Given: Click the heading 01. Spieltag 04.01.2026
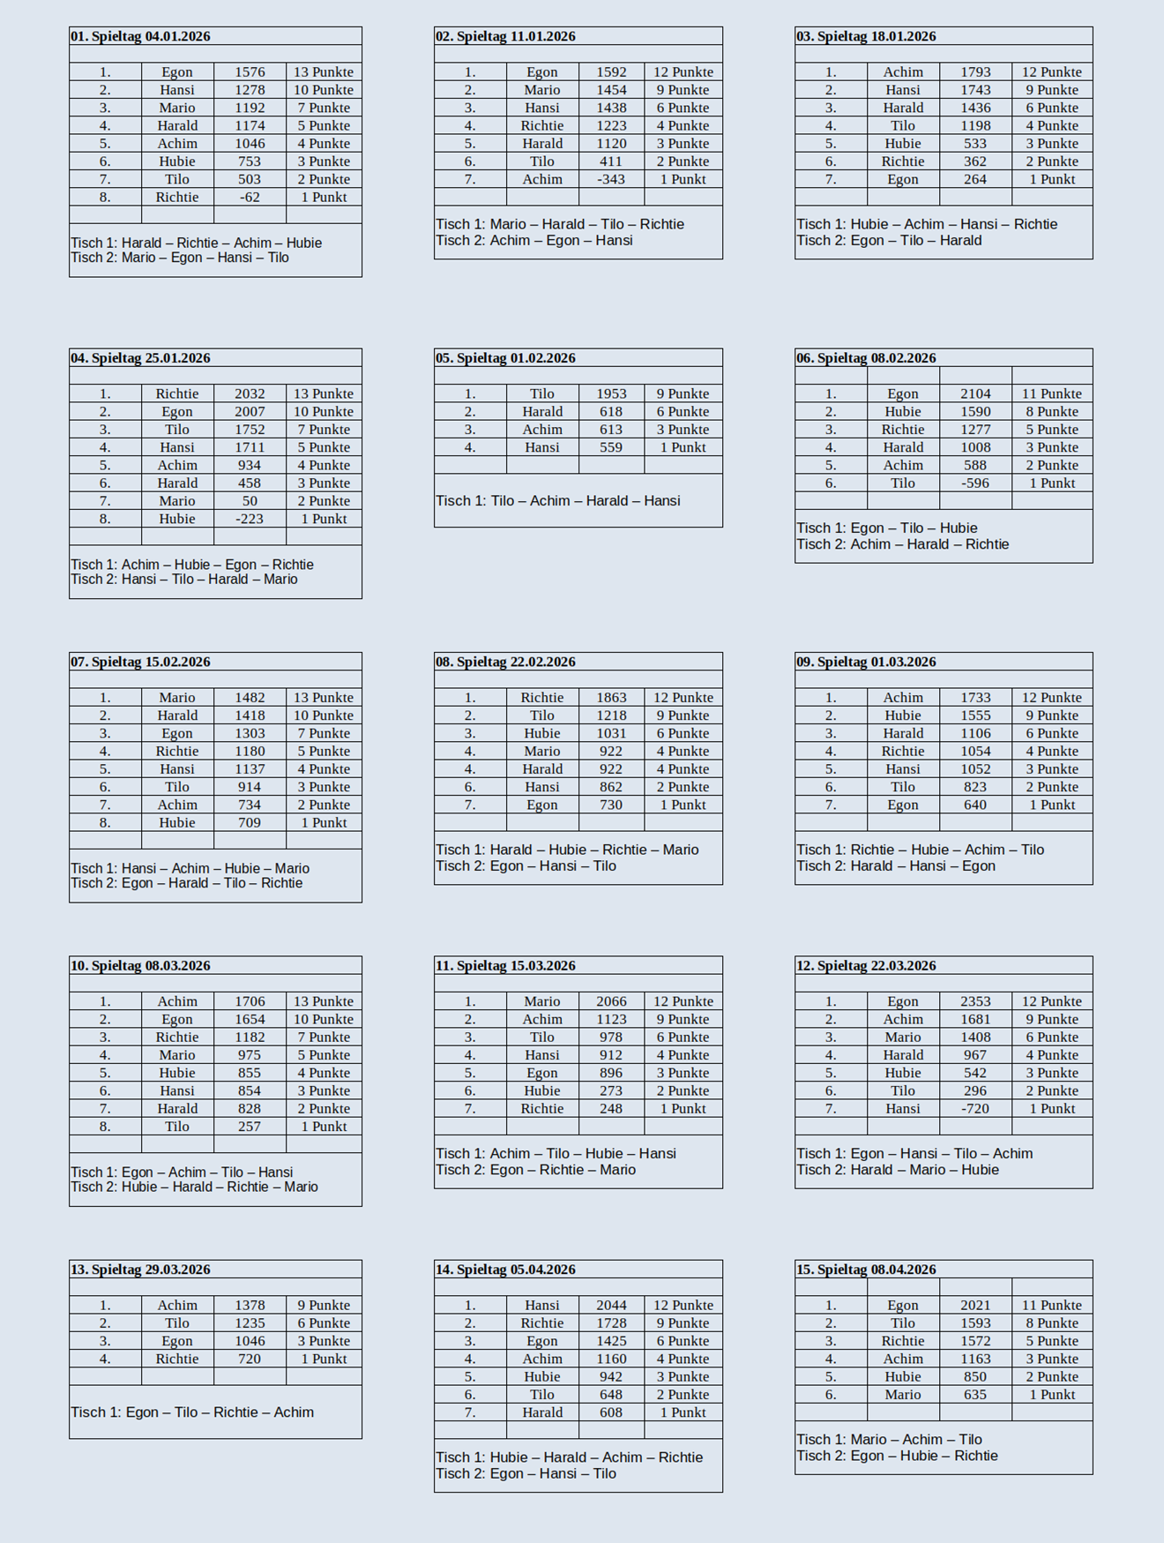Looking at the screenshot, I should (141, 36).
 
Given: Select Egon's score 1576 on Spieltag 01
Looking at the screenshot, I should (250, 72).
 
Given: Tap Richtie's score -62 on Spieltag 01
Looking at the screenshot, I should (250, 198).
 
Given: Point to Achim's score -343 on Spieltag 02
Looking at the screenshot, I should (611, 179).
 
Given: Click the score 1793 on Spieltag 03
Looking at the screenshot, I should (975, 72).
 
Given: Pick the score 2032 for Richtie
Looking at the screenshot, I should (250, 394).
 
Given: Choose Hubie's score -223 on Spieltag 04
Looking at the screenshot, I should (250, 520).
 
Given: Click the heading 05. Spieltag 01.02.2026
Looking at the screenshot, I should (505, 358).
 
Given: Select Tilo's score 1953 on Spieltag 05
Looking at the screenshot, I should (611, 394).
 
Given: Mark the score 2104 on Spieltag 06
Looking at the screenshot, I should (975, 394).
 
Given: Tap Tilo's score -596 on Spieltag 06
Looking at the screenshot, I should (975, 483).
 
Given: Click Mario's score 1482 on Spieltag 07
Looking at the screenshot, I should (250, 698).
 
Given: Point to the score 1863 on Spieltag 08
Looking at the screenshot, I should (611, 698).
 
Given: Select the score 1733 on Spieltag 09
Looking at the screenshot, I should (975, 698).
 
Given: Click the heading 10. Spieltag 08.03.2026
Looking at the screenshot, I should (141, 966).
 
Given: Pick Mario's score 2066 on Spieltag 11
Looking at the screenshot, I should (611, 1001).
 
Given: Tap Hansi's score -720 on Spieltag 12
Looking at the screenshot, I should (975, 1109).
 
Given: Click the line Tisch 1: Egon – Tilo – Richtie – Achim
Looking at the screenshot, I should (192, 1412).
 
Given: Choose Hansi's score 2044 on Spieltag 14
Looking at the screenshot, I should (611, 1306).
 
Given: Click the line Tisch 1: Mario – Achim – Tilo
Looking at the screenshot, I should (889, 1440).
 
